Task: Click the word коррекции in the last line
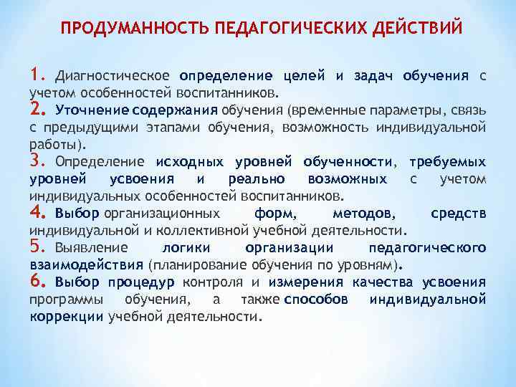67,316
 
